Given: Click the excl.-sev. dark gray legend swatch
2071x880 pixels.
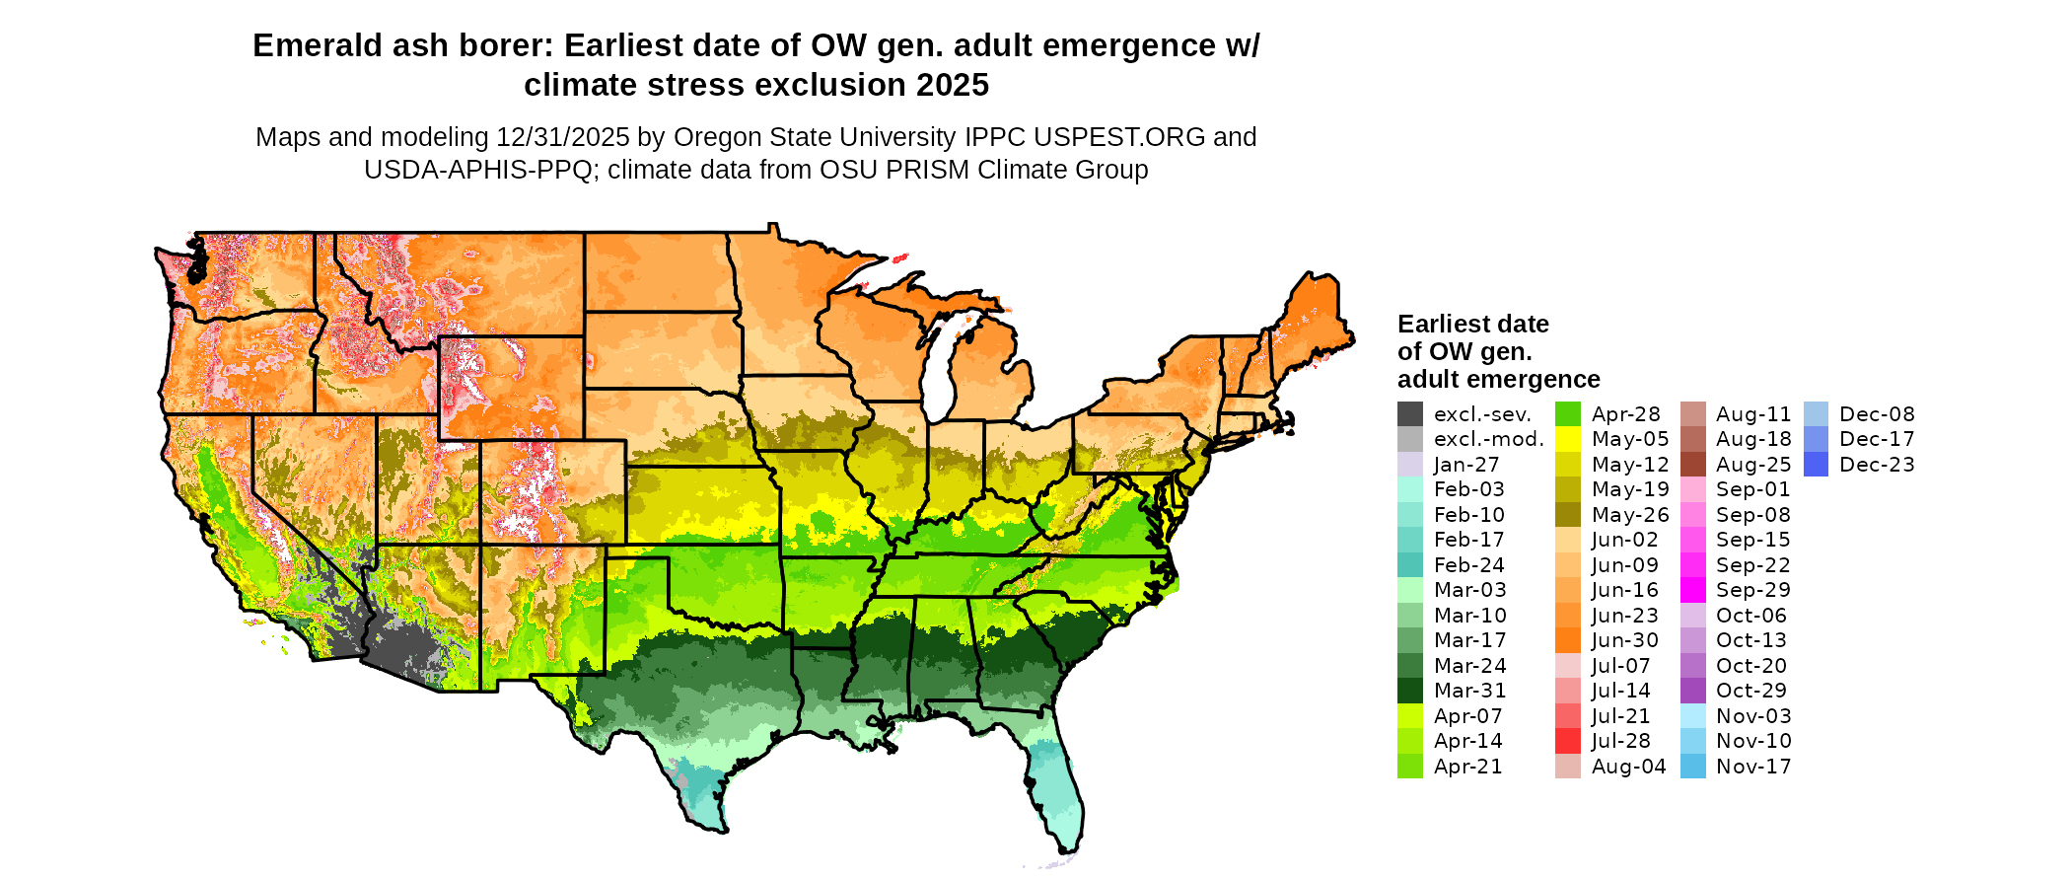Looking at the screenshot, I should tap(1409, 414).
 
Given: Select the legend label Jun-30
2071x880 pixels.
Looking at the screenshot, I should tap(1624, 640).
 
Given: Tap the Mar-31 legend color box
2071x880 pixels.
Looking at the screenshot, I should tap(1409, 691).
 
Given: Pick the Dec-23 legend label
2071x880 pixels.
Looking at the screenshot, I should tap(1877, 465).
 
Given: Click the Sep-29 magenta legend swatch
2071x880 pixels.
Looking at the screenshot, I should tap(1692, 590).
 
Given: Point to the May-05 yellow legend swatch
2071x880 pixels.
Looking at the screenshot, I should tap(1567, 439).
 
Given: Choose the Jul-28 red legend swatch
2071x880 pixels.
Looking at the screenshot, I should tap(1567, 741).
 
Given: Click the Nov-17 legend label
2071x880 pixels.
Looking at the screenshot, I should tap(1753, 767).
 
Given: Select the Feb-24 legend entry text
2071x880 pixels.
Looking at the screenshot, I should tap(1468, 565).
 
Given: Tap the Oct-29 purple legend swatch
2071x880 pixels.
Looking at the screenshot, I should tap(1692, 691).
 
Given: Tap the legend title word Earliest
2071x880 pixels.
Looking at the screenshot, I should tap(1441, 325).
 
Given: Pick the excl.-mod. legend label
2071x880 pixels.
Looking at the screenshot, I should tap(1488, 440).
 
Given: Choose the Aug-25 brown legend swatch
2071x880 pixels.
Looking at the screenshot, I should tap(1692, 465).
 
